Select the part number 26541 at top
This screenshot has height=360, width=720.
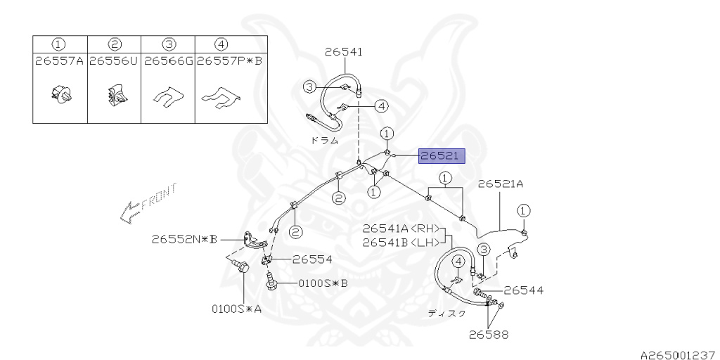(x=344, y=51)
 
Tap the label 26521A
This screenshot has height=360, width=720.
(x=501, y=184)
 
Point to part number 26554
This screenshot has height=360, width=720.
(x=312, y=259)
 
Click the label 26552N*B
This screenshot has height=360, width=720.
(x=184, y=239)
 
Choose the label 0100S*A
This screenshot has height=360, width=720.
(x=237, y=308)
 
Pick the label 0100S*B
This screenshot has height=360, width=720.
(x=323, y=283)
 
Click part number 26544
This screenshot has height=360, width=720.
(x=523, y=290)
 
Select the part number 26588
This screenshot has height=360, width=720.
(x=489, y=335)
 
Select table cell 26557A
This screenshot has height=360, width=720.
(x=60, y=61)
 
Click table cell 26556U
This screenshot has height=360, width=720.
(x=115, y=61)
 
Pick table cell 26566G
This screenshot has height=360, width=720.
(x=168, y=61)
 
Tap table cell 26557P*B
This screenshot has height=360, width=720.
(x=229, y=61)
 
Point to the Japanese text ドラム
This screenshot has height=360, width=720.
(x=325, y=140)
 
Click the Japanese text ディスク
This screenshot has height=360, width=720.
(x=447, y=314)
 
